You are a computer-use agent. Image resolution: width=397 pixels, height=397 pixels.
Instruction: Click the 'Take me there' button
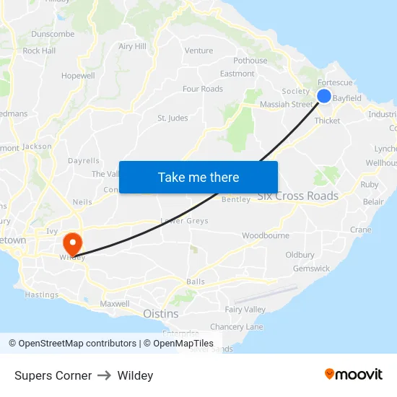(198, 177)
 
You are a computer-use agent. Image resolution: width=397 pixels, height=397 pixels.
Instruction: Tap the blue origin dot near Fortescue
(324, 96)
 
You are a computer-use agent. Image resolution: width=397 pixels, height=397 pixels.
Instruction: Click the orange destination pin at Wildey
(73, 243)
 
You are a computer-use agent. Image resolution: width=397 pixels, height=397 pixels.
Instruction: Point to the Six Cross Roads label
(297, 196)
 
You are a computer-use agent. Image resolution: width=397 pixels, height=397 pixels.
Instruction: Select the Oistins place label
(160, 314)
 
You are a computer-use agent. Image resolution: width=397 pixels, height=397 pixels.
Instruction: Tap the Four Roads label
(203, 90)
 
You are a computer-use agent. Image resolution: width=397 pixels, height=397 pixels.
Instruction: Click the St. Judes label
(173, 118)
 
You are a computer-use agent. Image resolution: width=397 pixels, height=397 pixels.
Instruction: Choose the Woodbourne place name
(265, 236)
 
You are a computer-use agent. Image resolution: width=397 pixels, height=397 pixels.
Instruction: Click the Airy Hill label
(132, 47)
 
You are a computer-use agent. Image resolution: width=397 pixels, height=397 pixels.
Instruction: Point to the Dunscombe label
(53, 34)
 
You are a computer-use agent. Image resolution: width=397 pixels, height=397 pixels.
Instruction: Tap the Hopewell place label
(78, 76)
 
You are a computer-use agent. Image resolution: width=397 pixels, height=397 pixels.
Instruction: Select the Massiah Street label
(287, 105)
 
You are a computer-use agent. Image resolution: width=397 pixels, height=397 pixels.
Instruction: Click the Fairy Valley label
(245, 310)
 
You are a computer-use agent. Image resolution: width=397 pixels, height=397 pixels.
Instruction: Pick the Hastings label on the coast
(42, 295)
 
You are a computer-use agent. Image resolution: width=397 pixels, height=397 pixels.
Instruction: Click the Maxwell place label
(115, 304)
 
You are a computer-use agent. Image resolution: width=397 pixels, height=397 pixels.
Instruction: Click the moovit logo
(353, 375)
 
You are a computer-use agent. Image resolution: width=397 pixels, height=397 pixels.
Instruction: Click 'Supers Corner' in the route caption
(53, 375)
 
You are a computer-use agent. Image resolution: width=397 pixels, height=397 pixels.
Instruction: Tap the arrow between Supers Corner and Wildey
(104, 375)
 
